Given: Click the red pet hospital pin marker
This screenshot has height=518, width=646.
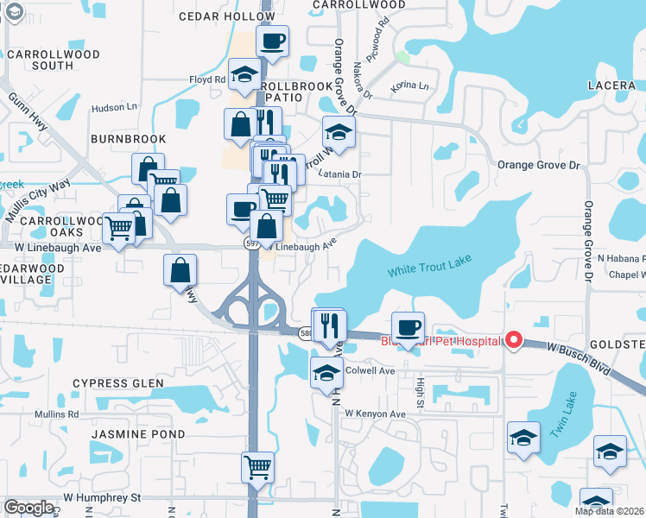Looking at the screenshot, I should (x=514, y=340).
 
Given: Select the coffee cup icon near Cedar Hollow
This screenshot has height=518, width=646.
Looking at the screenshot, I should (x=272, y=41).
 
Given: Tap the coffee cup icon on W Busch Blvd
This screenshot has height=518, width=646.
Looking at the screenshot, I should (x=408, y=327).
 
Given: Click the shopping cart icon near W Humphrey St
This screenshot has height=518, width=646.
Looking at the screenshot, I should (x=257, y=467).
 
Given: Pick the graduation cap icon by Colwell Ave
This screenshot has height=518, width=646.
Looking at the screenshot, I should (x=326, y=373).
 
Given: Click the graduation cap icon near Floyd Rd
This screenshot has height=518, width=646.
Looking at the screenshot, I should (x=244, y=74).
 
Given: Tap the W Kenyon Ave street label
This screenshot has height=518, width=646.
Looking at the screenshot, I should (x=375, y=414).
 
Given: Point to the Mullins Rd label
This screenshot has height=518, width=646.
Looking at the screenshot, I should (x=57, y=414).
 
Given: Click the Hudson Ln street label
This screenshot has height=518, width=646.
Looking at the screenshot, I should (x=114, y=108).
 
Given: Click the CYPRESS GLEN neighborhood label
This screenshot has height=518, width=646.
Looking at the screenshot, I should (x=117, y=383).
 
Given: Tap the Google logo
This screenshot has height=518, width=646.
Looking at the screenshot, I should (x=29, y=508).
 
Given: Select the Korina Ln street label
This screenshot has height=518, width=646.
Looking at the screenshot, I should (x=409, y=86).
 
